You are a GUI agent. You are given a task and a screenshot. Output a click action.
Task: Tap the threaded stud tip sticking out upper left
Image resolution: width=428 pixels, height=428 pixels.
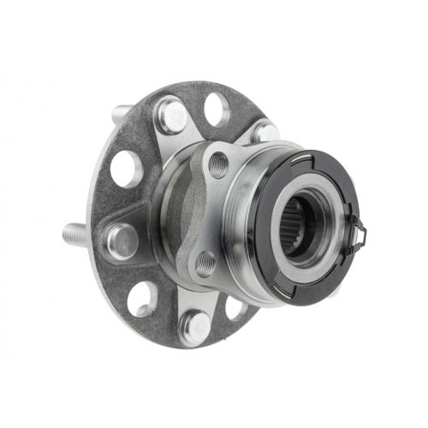(x=120, y=111)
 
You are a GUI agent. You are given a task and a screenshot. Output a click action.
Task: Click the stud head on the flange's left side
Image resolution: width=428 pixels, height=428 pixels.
(x=122, y=240)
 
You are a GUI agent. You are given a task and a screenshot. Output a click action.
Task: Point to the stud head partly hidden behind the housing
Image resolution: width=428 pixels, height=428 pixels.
(x=265, y=131)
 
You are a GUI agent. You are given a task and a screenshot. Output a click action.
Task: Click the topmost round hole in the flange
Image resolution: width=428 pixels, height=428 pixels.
(x=216, y=105)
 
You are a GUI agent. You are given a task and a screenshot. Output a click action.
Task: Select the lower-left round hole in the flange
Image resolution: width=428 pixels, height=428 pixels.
(x=143, y=298)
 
